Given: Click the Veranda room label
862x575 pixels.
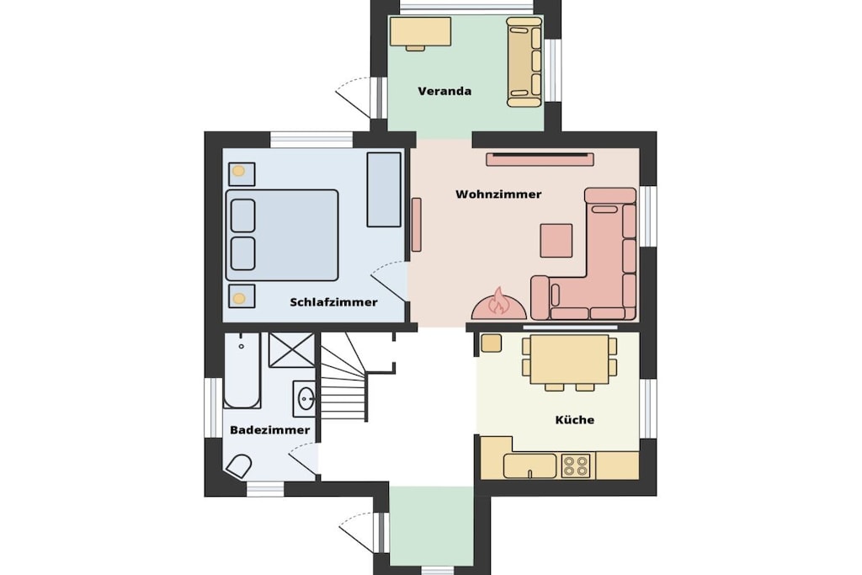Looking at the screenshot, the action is [444, 91].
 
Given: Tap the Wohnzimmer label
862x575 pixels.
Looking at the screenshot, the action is [498, 194].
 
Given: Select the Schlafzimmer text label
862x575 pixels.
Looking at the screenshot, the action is [333, 301].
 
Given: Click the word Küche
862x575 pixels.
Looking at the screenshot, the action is [574, 419].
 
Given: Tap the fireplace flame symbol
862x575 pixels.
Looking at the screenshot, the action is [499, 301].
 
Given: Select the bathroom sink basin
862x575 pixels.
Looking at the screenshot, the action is [305, 397].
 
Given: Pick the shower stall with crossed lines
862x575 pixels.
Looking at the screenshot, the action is [292, 349].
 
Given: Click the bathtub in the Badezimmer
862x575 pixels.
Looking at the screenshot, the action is [242, 370].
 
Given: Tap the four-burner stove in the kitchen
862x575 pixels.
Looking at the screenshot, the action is [576, 466].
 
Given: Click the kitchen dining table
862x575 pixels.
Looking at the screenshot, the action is [569, 359].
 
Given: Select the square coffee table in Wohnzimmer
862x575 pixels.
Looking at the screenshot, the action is [556, 240].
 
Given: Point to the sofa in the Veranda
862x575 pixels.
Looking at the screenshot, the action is [524, 61].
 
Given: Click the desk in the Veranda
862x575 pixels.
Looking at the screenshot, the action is [421, 32].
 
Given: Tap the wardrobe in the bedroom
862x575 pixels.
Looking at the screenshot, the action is [384, 189].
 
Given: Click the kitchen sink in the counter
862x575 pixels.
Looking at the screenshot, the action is [530, 466].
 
